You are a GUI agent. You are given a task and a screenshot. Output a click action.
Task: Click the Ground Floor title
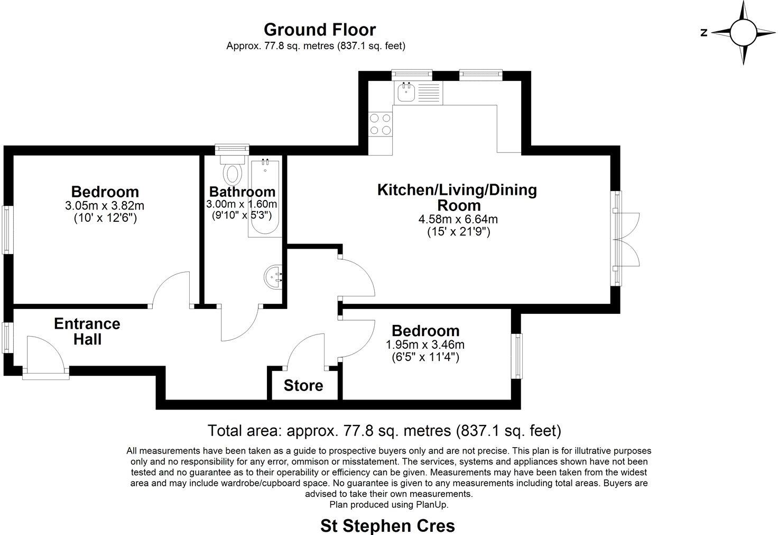[x=319, y=30]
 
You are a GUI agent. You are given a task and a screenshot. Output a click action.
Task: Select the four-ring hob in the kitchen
[x=381, y=124]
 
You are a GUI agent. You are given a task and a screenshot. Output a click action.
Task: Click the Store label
[x=303, y=385]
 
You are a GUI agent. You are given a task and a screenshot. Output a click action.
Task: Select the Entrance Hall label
[x=87, y=331]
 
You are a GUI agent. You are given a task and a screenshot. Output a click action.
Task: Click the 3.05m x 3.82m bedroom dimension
[x=105, y=205]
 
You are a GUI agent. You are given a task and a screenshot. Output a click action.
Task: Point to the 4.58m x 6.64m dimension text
[x=458, y=219]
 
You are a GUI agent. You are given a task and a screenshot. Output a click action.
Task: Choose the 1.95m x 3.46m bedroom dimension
[x=425, y=344]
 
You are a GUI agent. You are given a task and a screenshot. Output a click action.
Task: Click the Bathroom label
[x=242, y=192]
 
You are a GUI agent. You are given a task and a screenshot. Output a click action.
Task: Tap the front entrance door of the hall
[x=46, y=357]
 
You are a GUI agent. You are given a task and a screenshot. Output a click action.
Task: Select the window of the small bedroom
[x=516, y=355]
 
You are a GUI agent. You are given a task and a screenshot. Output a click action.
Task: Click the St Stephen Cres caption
[x=387, y=526]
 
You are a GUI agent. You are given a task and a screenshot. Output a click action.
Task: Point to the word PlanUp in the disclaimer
[x=432, y=504]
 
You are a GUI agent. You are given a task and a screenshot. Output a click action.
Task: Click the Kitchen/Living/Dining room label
[x=457, y=197]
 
